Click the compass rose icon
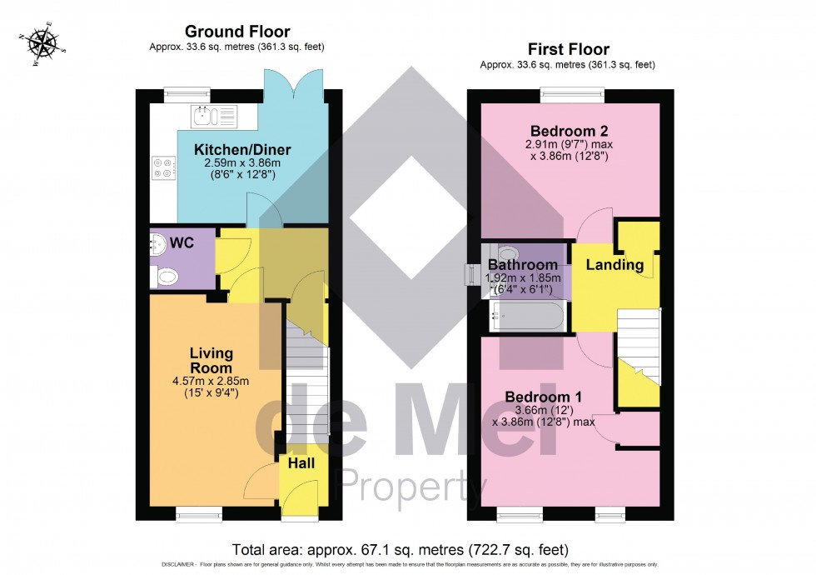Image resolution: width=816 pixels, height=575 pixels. (x=40, y=43)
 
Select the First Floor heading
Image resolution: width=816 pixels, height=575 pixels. (x=569, y=49)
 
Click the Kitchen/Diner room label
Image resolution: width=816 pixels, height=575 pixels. (x=231, y=150)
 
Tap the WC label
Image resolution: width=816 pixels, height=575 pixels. (x=182, y=242)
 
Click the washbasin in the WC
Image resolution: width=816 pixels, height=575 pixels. (x=157, y=243)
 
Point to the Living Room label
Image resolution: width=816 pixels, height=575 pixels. (x=211, y=360)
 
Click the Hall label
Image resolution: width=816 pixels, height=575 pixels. (x=301, y=462)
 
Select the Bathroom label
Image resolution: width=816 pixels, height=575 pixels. (x=523, y=265)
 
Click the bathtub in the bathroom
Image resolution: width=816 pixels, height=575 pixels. (x=529, y=314)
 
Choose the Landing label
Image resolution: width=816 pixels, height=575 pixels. (x=615, y=265)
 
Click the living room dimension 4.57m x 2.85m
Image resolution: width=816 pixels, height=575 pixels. (x=211, y=382)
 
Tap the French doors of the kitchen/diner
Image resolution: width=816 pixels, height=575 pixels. (x=292, y=82)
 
